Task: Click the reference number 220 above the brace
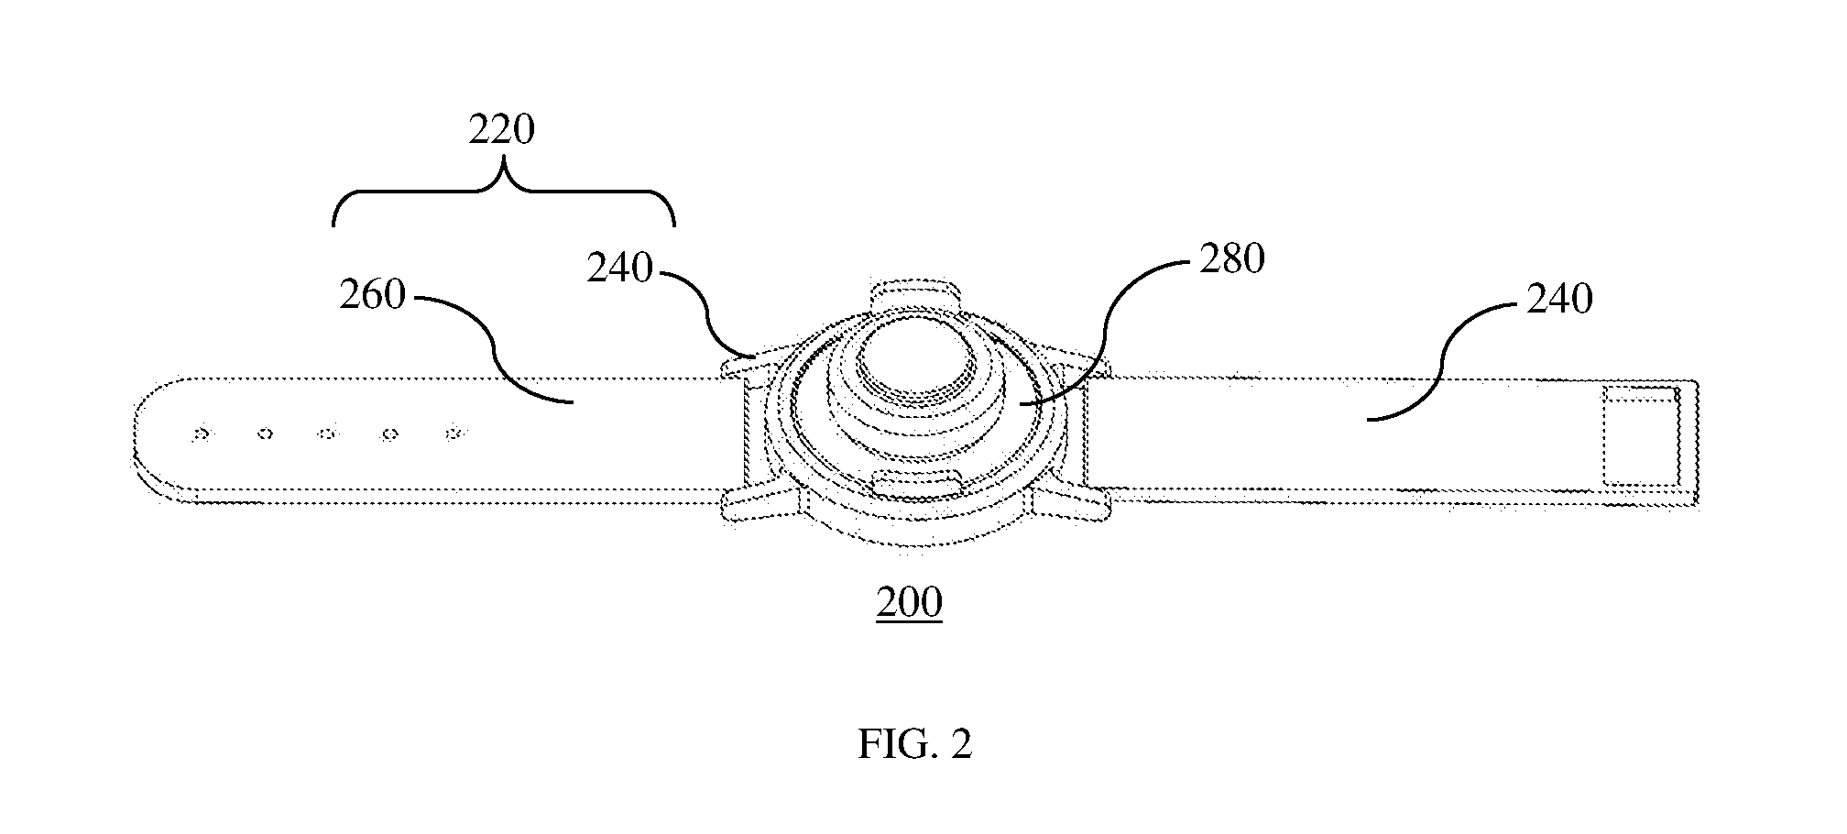tap(501, 131)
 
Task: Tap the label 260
tap(372, 295)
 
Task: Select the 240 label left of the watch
tap(619, 269)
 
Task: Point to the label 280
tap(1232, 259)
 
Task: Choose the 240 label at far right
tap(1559, 299)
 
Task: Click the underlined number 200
tap(909, 603)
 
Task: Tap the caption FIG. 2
tap(914, 744)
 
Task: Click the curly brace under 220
tap(503, 191)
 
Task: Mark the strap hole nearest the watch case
tap(452, 433)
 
